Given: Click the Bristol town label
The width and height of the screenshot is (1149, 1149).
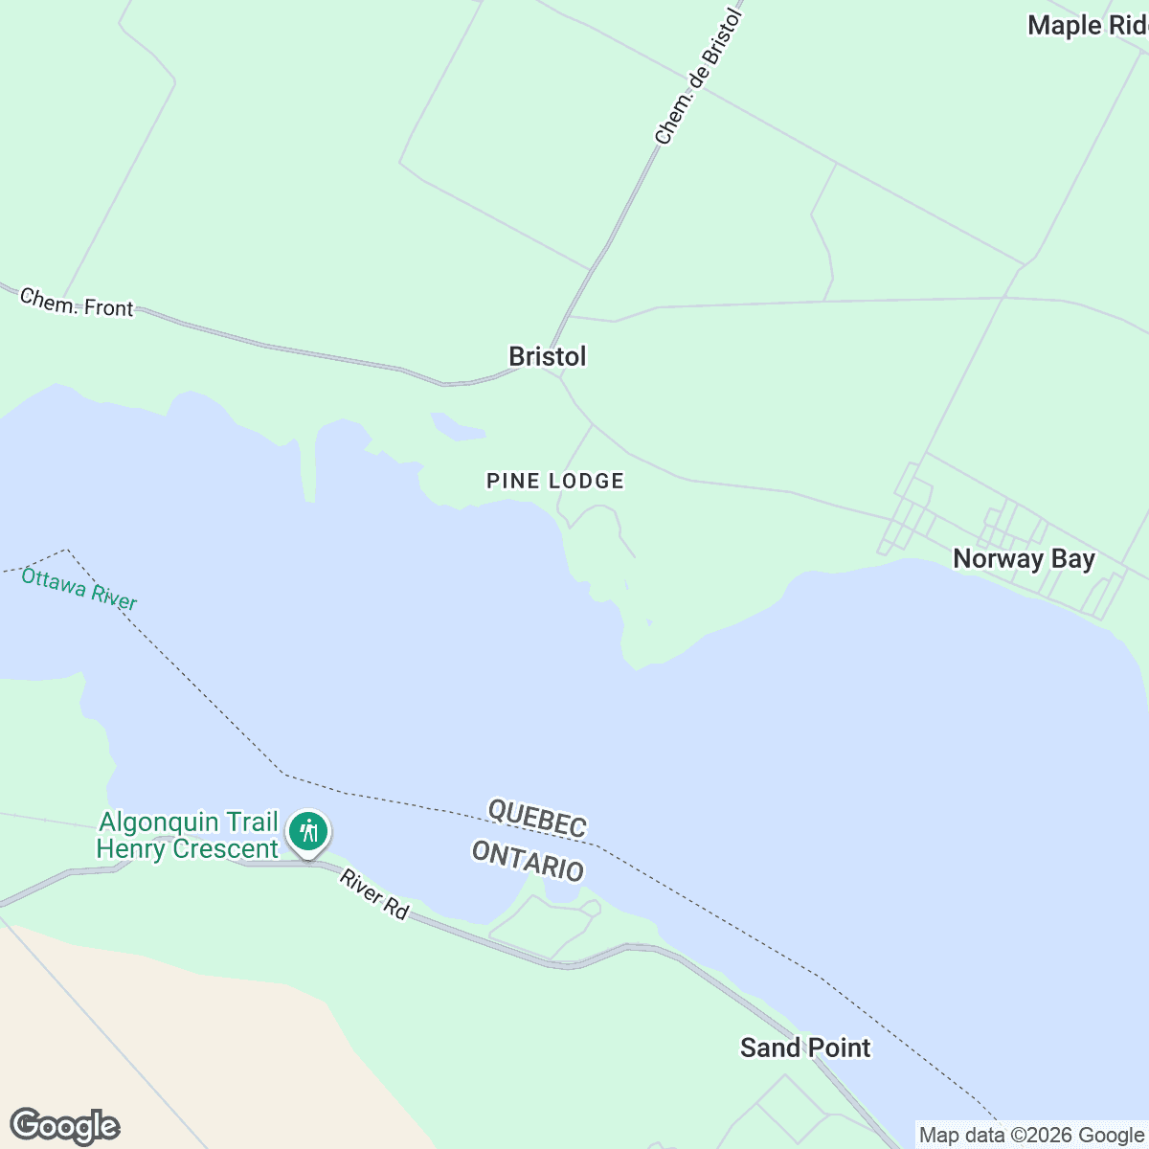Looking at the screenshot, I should click(x=547, y=356).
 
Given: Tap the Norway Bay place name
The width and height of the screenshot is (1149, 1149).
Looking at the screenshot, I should click(x=1024, y=559).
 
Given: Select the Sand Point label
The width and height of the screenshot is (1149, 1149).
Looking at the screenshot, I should click(x=805, y=1048).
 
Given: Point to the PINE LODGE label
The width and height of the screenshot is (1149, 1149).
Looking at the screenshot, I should click(x=555, y=481).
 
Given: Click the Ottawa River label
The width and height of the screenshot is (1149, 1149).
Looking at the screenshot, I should click(x=79, y=589).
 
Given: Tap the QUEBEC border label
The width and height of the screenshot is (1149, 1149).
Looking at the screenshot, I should click(x=537, y=817).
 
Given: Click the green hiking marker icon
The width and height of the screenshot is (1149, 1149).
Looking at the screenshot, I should click(x=307, y=830).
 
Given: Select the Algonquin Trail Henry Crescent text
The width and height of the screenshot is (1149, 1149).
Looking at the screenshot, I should click(x=188, y=835).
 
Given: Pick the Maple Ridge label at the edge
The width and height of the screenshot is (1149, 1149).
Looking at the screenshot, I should click(x=1087, y=26).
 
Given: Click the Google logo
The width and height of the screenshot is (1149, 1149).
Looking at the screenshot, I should click(x=64, y=1126).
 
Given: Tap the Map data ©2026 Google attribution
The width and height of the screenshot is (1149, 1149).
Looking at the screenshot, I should click(x=1030, y=1136).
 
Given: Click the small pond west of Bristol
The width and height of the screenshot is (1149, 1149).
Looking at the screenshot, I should click(x=455, y=427).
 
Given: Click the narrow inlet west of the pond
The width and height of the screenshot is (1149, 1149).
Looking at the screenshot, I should click(x=307, y=469).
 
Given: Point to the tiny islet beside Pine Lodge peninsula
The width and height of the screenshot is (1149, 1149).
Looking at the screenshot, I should click(x=650, y=622).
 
